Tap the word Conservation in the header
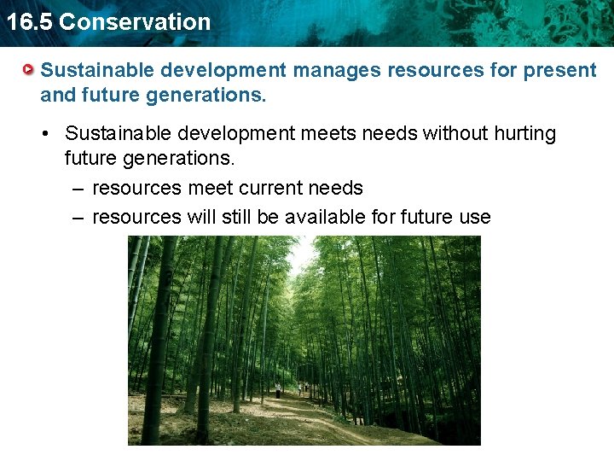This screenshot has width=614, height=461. pyautogui.click(x=135, y=21)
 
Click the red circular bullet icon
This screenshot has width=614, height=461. pyautogui.click(x=29, y=69)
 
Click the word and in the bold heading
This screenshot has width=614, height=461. pyautogui.click(x=58, y=95)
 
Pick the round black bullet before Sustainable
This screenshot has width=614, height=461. pyautogui.click(x=51, y=134)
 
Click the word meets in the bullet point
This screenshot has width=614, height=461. pyautogui.click(x=331, y=134)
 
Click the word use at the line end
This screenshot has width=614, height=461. pyautogui.click(x=474, y=217)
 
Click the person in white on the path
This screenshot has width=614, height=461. pyautogui.click(x=278, y=390)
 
